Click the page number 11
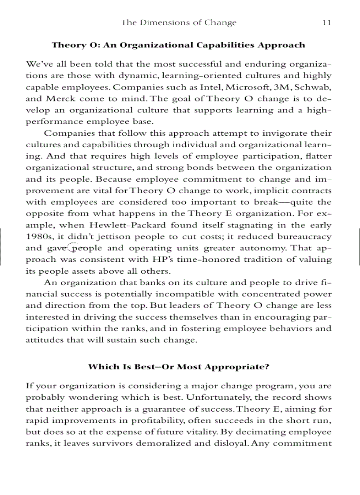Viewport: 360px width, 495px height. [326, 23]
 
